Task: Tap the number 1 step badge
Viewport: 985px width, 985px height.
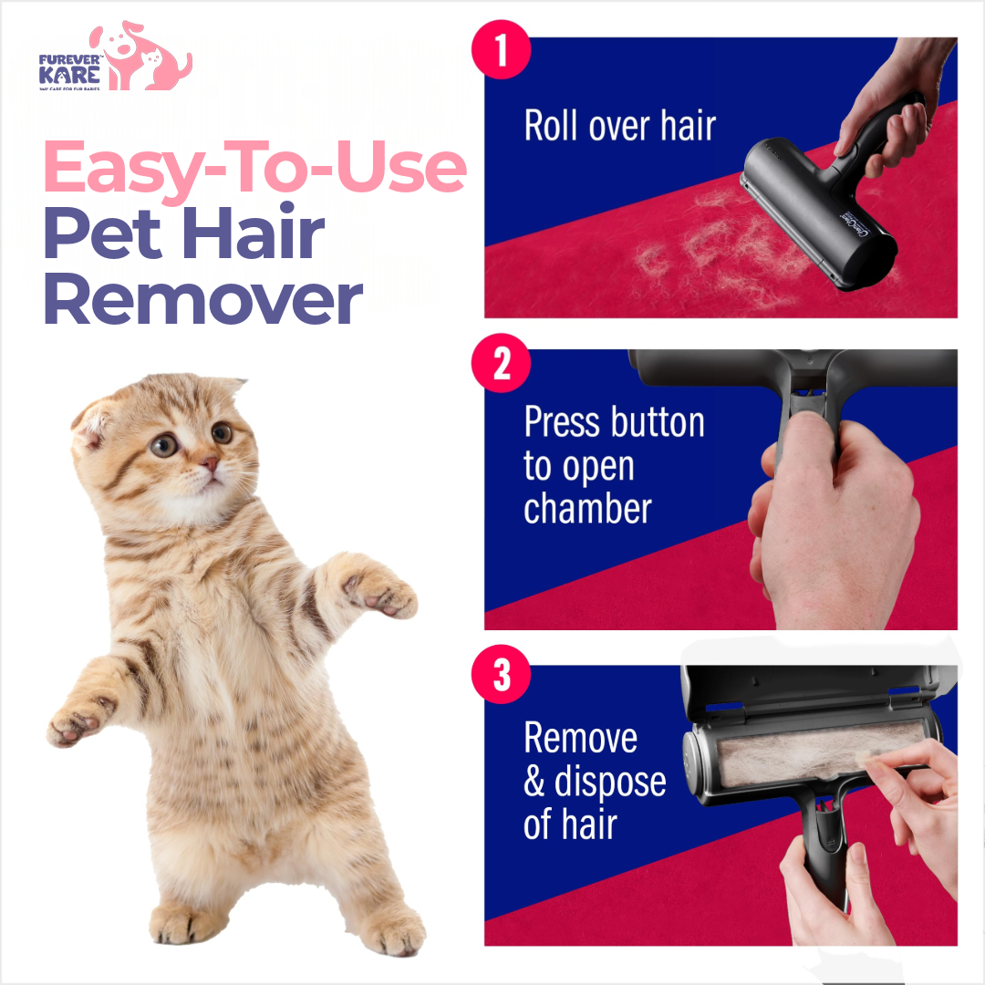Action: [x=501, y=52]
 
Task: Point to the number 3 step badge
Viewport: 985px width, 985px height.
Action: [x=501, y=679]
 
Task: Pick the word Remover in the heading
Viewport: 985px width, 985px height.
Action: [x=202, y=300]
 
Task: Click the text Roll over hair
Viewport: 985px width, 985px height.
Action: [x=620, y=126]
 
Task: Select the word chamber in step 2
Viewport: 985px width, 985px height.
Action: [x=588, y=507]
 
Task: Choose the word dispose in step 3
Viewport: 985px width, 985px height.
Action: [x=609, y=783]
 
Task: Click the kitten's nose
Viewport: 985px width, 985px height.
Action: [x=211, y=464]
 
